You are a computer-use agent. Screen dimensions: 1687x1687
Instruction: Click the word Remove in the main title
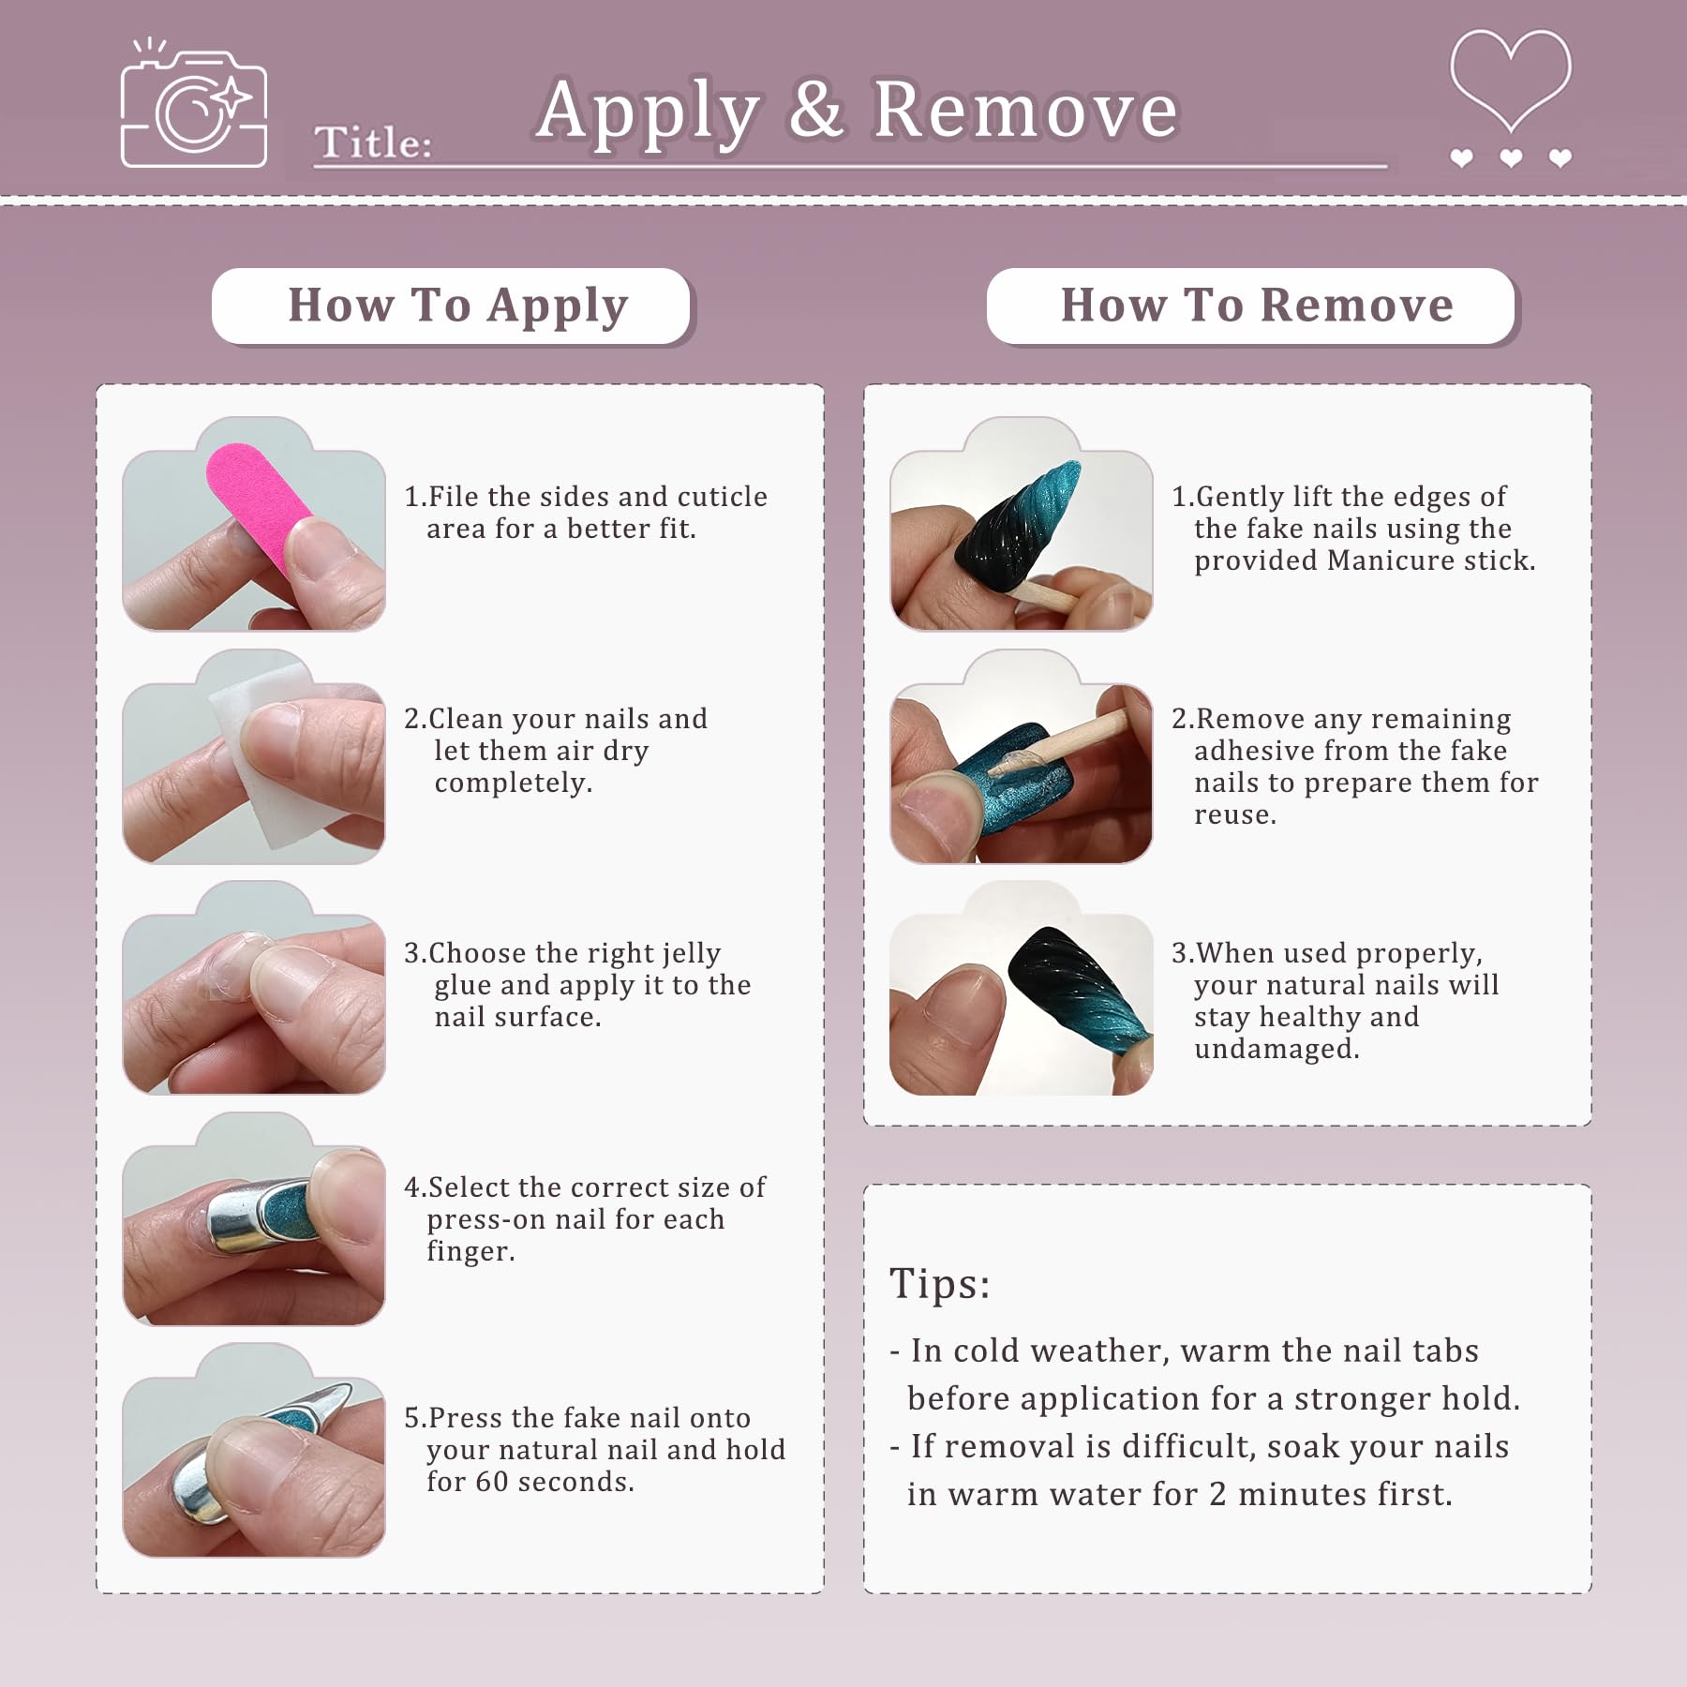pyautogui.click(x=1025, y=111)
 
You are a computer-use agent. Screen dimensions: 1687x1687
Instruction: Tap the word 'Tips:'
pyautogui.click(x=939, y=1283)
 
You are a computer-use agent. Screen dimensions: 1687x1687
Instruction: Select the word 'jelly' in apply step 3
pyautogui.click(x=690, y=954)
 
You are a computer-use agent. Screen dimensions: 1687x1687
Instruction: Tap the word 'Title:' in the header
pyautogui.click(x=373, y=143)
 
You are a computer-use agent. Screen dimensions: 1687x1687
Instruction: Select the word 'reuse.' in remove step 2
pyautogui.click(x=1235, y=814)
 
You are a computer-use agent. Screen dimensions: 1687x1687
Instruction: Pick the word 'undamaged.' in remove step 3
pyautogui.click(x=1276, y=1049)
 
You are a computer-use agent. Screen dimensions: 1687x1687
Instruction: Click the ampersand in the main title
pyautogui.click(x=815, y=111)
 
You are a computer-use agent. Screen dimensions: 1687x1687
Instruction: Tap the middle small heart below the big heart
pyautogui.click(x=1511, y=158)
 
